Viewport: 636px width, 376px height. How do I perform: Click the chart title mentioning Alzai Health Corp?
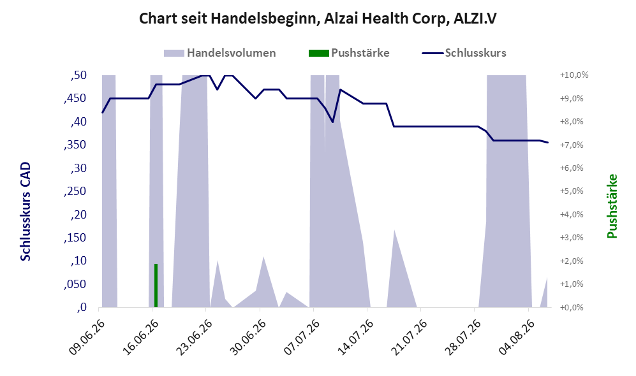pyautogui.click(x=318, y=18)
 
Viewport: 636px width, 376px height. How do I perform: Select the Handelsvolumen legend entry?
pyautogui.click(x=220, y=53)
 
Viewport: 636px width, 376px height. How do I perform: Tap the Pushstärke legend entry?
pyautogui.click(x=349, y=53)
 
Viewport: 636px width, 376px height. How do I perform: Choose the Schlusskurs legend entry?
pyautogui.click(x=464, y=53)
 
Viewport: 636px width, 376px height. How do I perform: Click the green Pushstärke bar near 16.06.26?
pyautogui.click(x=156, y=286)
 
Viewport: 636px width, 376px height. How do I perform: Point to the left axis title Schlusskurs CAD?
pyautogui.click(x=26, y=211)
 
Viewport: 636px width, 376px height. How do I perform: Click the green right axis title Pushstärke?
pyautogui.click(x=612, y=206)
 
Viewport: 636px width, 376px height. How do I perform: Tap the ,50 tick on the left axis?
pyautogui.click(x=78, y=75)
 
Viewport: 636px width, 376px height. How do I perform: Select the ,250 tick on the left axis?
pyautogui.click(x=75, y=191)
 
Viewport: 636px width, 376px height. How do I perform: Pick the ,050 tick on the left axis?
pyautogui.click(x=75, y=284)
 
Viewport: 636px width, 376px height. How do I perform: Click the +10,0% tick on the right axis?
pyautogui.click(x=574, y=75)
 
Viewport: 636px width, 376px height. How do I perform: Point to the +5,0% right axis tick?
pyautogui.click(x=572, y=191)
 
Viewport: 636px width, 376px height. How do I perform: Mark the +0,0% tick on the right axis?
pyautogui.click(x=572, y=308)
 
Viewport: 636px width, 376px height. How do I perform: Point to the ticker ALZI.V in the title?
pyautogui.click(x=474, y=18)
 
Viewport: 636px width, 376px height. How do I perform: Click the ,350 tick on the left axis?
pyautogui.click(x=75, y=145)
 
